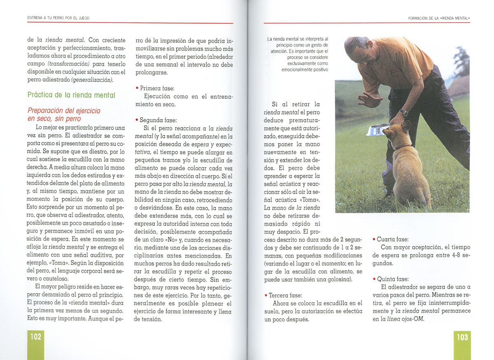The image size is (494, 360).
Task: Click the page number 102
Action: pyautogui.click(x=36, y=337)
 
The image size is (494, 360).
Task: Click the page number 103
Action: pyautogui.click(x=462, y=337)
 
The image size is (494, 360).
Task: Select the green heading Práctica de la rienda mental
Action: pyautogui.click(x=71, y=95)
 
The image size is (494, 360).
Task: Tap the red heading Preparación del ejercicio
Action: pyautogui.click(x=64, y=111)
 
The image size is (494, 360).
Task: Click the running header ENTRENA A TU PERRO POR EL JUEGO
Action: pyautogui.click(x=58, y=18)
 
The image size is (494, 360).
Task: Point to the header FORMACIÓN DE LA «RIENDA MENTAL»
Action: pyautogui.click(x=439, y=18)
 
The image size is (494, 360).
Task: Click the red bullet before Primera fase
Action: pyautogui.click(x=137, y=88)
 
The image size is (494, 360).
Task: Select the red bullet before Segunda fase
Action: pyautogui.click(x=137, y=121)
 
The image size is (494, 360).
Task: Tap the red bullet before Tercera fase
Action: pyautogui.click(x=266, y=295)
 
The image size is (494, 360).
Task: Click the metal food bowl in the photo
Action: pyautogui.click(x=377, y=130)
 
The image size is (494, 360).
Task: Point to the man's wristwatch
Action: pyautogui.click(x=404, y=112)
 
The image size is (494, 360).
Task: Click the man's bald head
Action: pyautogui.click(x=355, y=45)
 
